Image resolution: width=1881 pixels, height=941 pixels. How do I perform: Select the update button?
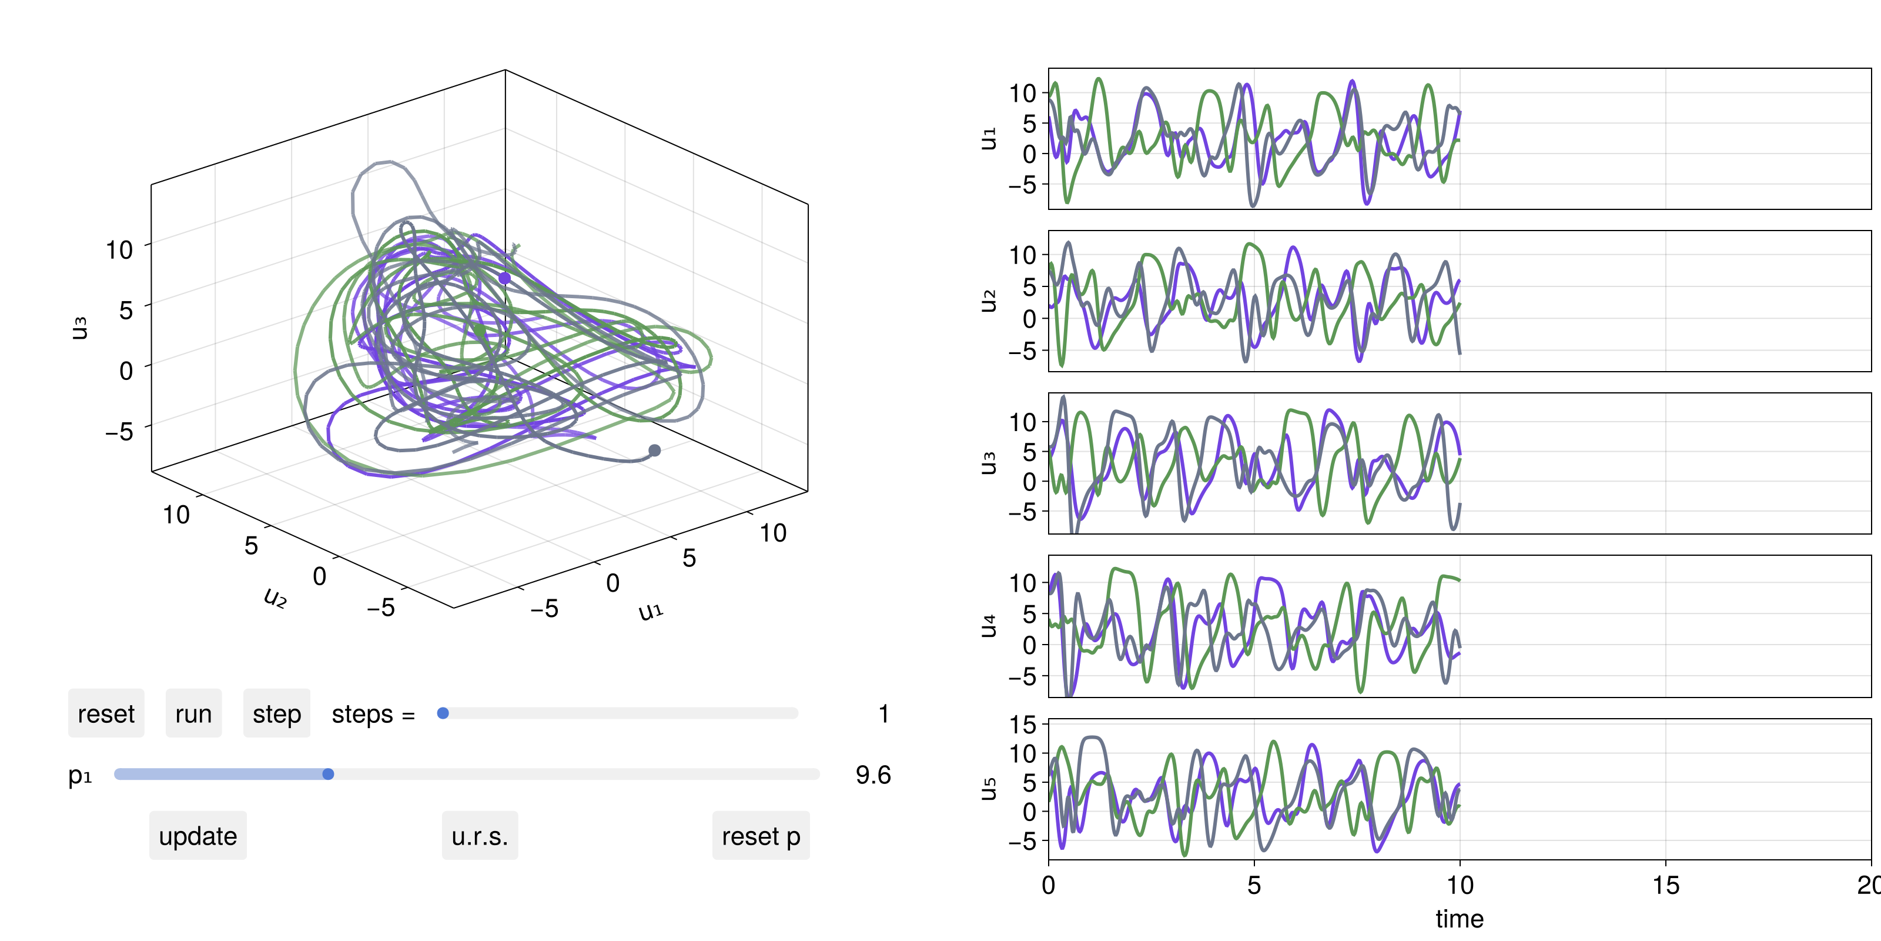click(198, 835)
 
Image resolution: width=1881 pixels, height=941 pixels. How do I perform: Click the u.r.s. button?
click(480, 835)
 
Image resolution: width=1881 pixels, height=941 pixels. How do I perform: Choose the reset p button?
click(761, 835)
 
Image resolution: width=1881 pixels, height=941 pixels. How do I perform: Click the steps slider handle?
click(443, 713)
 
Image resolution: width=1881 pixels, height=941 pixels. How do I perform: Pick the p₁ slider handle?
click(328, 774)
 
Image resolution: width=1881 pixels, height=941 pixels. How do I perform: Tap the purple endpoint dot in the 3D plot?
click(504, 278)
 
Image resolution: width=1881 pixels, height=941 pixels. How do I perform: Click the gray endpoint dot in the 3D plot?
click(655, 450)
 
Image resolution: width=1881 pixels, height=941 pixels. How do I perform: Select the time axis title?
click(1459, 918)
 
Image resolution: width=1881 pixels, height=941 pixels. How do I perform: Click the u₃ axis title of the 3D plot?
click(79, 328)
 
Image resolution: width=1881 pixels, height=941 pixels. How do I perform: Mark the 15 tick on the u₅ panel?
click(1024, 725)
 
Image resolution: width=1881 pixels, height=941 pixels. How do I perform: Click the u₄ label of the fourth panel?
click(988, 626)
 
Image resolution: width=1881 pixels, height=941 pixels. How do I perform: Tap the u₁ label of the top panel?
click(988, 138)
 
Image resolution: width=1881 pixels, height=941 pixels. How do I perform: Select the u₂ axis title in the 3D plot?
click(275, 598)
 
